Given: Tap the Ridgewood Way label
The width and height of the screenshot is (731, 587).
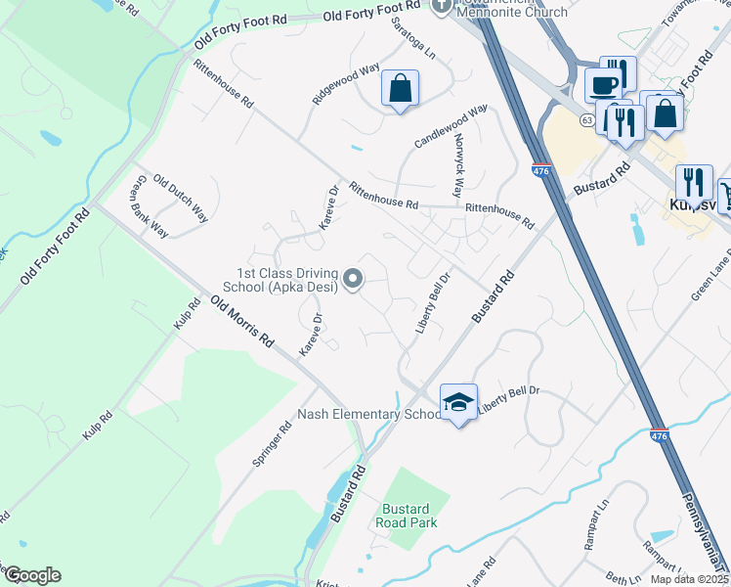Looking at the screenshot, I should (346, 85).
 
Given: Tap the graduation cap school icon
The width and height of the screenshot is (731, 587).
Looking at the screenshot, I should (458, 401).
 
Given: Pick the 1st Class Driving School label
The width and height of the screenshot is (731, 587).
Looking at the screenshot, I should (287, 280).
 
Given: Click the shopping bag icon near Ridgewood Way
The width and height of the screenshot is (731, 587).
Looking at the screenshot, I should (401, 88).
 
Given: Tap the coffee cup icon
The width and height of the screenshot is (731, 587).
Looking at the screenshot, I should (603, 84).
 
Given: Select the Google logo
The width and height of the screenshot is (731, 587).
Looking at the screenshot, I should (31, 575).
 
